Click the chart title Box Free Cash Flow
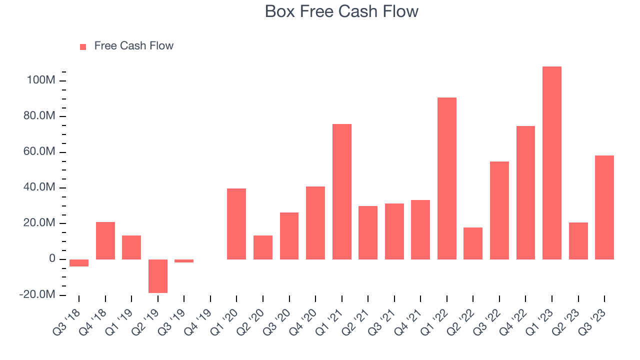coord(341,11)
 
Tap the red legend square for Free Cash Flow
coord(83,46)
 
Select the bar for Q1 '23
coord(552,162)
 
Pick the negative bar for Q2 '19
coord(158,276)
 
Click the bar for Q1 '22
coord(447,178)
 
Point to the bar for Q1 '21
coord(342,191)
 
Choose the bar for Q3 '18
coord(79,263)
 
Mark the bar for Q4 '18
coord(105,240)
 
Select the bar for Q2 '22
coord(473,243)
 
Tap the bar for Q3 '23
coord(604,207)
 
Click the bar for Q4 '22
coord(525,192)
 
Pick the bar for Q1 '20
coord(236,223)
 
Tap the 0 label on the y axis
coord(52,259)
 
